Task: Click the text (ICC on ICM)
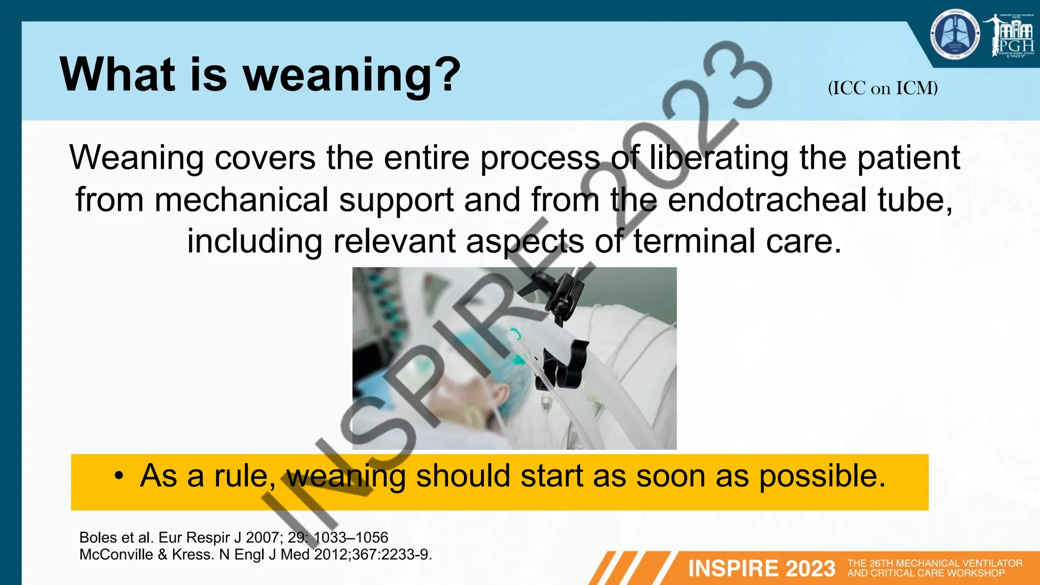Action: coord(883,88)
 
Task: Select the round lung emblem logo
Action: coord(955,35)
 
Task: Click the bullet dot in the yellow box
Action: coord(118,476)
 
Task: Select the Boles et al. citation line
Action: coord(234,537)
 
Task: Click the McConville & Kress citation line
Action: coord(255,554)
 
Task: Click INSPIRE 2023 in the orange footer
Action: coord(761,568)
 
